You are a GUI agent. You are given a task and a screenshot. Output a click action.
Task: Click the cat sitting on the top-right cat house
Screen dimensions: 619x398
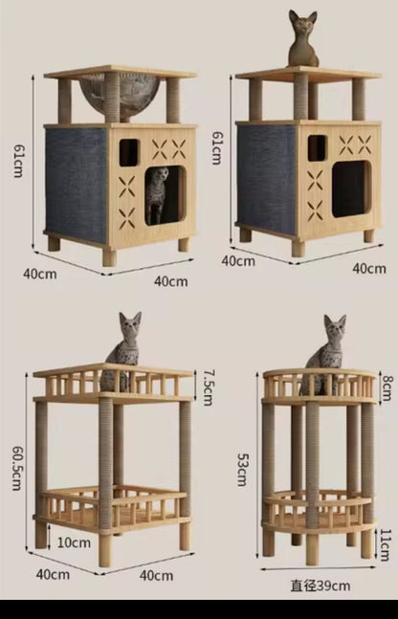pos(303,41)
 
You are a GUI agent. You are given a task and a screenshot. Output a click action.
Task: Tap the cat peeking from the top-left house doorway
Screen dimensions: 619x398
pos(157,195)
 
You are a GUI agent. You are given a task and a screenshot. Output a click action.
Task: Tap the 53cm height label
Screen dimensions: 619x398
pos(242,462)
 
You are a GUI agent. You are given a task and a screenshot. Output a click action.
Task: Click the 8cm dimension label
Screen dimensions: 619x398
pos(386,387)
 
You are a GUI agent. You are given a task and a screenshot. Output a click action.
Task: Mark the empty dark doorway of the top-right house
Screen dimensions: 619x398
pos(351,188)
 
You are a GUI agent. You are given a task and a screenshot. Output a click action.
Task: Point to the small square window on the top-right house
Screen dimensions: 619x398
pos(317,146)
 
